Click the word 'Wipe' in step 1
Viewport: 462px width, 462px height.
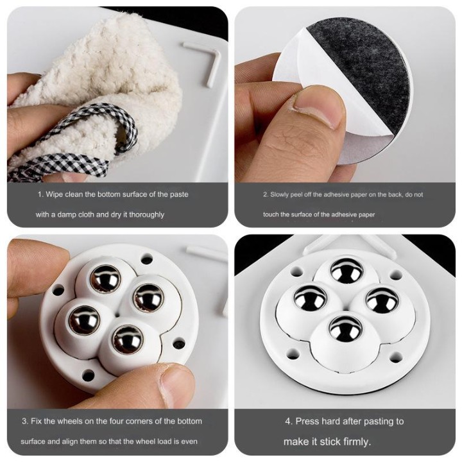tap(55, 194)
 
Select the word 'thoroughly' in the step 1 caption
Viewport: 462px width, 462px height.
tap(146, 214)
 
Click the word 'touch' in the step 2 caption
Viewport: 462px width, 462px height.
tap(271, 214)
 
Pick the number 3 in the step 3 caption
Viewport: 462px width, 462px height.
tap(24, 421)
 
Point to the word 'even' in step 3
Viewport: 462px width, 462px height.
tap(189, 441)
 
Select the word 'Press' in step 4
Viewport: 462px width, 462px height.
tap(307, 422)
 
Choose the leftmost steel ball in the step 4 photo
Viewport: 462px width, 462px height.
tap(311, 298)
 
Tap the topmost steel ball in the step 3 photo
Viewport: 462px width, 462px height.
tap(105, 278)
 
